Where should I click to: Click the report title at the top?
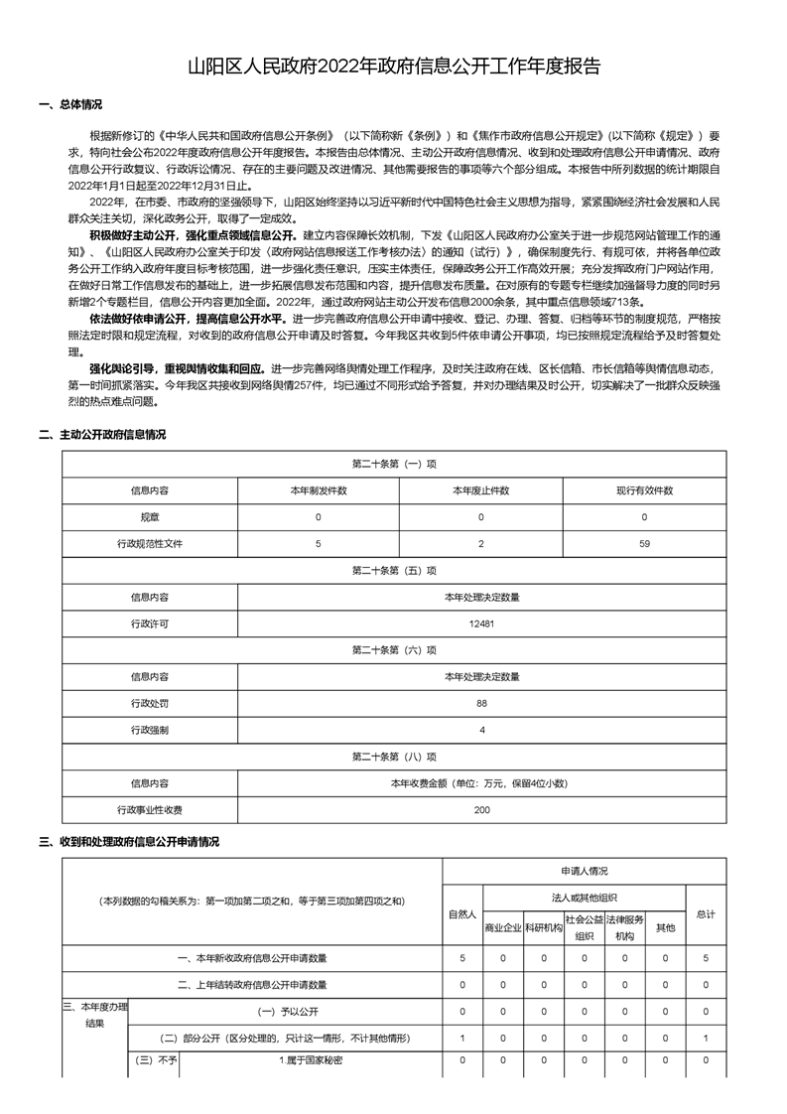tap(394, 67)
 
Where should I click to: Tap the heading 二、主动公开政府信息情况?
tap(102, 434)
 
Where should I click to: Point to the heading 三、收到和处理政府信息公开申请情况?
tap(129, 841)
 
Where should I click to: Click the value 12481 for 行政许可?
tap(481, 625)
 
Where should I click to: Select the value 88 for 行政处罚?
tap(481, 703)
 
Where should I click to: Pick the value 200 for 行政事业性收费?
tap(481, 810)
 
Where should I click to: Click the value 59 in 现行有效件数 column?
tap(644, 544)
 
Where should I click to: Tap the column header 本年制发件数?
tap(319, 490)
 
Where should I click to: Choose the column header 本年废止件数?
tap(481, 490)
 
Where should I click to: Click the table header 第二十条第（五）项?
tap(394, 571)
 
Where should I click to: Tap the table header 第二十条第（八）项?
tap(394, 757)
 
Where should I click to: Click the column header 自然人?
tap(462, 913)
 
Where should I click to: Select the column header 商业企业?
tap(503, 928)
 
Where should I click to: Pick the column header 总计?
tap(706, 913)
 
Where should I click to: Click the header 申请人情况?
tap(584, 871)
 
